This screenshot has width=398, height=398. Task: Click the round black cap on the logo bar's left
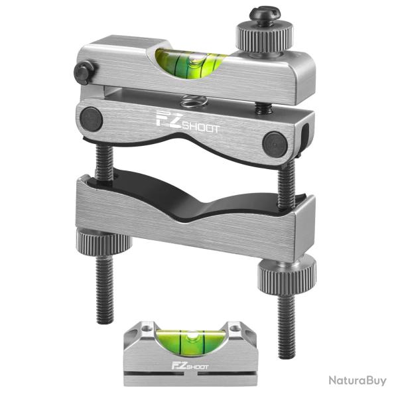click(91, 119)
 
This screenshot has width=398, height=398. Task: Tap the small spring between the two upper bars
click(192, 101)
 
